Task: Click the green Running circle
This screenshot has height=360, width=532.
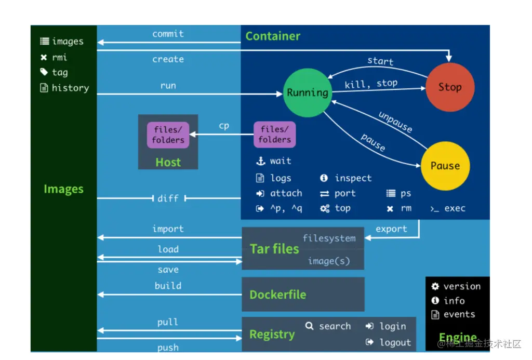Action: (308, 93)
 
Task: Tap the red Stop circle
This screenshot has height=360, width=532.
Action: (450, 87)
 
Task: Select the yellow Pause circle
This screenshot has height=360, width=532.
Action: (445, 166)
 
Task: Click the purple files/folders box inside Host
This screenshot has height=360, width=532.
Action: (168, 135)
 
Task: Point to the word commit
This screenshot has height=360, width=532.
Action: (168, 34)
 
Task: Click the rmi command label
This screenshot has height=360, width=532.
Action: (59, 57)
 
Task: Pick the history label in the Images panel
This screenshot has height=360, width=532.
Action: (70, 88)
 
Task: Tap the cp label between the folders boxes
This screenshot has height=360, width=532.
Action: (224, 126)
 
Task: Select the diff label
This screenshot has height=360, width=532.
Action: (168, 198)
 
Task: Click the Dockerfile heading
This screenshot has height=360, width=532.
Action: (277, 295)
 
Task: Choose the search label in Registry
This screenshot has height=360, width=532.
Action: (335, 326)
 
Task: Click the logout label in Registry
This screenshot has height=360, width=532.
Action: (395, 342)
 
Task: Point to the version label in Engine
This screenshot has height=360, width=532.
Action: (462, 286)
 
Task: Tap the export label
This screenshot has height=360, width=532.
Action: (391, 229)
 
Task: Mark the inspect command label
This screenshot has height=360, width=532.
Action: (353, 178)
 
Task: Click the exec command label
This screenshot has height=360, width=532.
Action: (455, 208)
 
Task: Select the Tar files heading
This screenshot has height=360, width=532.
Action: (274, 249)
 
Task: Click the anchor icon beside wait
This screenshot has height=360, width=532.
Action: (260, 161)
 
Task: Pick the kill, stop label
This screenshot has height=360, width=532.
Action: (371, 84)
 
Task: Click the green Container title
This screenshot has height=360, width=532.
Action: (273, 36)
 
